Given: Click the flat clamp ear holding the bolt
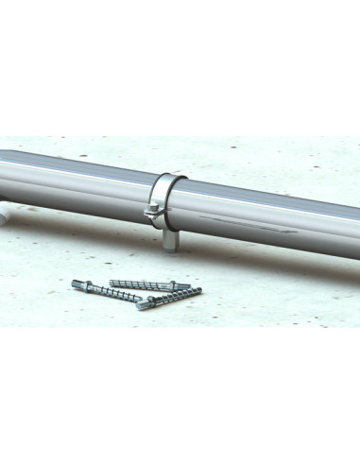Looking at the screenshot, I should [x=155, y=214].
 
